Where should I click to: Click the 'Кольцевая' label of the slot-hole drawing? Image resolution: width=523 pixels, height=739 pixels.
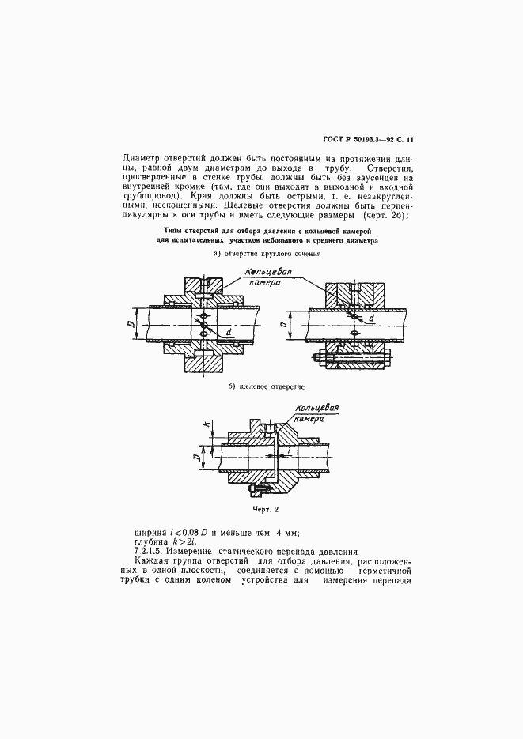point(316,409)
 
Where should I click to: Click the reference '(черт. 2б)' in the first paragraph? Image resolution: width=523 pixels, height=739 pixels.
point(383,215)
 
